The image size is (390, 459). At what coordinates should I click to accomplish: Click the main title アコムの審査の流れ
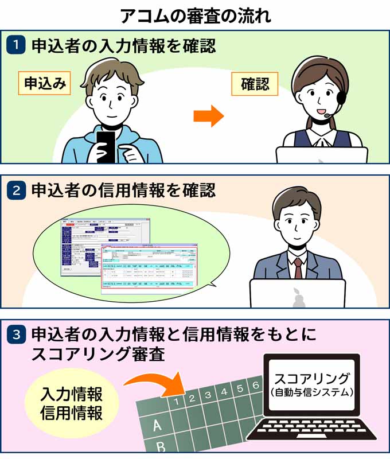tap(195, 16)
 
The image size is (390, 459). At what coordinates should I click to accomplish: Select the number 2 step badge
tap(16, 190)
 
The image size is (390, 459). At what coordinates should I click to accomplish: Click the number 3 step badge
tap(16, 334)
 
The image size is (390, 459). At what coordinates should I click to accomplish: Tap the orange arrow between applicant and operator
tap(208, 116)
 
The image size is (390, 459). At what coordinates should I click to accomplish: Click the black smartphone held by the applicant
tap(106, 146)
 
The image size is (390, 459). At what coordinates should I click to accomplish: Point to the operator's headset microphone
tap(327, 115)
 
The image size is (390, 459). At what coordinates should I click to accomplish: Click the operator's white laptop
tap(321, 155)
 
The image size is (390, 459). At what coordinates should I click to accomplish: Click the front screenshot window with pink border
tap(149, 267)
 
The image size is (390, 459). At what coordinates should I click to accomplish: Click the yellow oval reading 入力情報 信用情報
tap(72, 404)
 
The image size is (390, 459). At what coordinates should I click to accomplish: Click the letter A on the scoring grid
tap(156, 426)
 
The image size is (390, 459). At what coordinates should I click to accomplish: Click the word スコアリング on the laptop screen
tap(311, 379)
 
